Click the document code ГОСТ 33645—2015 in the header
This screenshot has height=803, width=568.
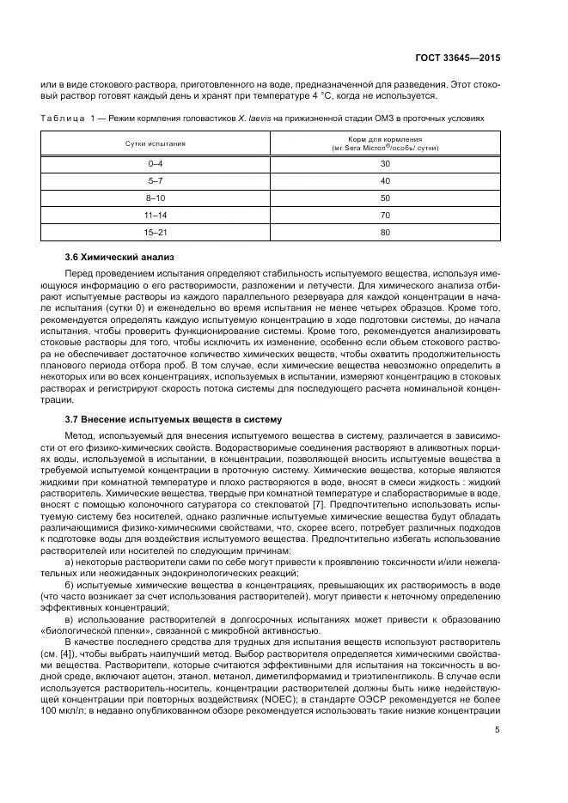click(455, 58)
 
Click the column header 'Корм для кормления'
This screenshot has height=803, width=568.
click(385, 138)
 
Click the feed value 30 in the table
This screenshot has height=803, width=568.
click(385, 164)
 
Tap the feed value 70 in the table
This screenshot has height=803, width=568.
click(385, 215)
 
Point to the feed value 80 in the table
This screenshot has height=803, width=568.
click(385, 232)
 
